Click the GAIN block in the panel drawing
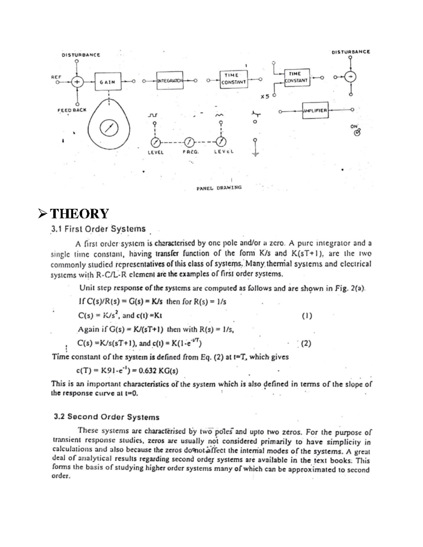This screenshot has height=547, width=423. tap(107, 82)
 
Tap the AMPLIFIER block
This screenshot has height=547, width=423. tap(315, 110)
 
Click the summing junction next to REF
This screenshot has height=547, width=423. tap(77, 82)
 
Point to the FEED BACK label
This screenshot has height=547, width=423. tap(72, 110)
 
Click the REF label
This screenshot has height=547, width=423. tap(56, 76)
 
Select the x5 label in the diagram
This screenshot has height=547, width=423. tap(264, 96)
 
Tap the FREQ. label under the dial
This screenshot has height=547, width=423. tap(191, 153)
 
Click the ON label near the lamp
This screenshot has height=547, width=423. tap(354, 126)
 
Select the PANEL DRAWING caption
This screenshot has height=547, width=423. tap(219, 188)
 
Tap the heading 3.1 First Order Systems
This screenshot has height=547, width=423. tap(98, 229)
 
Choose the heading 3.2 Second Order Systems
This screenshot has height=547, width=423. tap(106, 417)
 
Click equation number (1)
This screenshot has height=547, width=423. tap(307, 316)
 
